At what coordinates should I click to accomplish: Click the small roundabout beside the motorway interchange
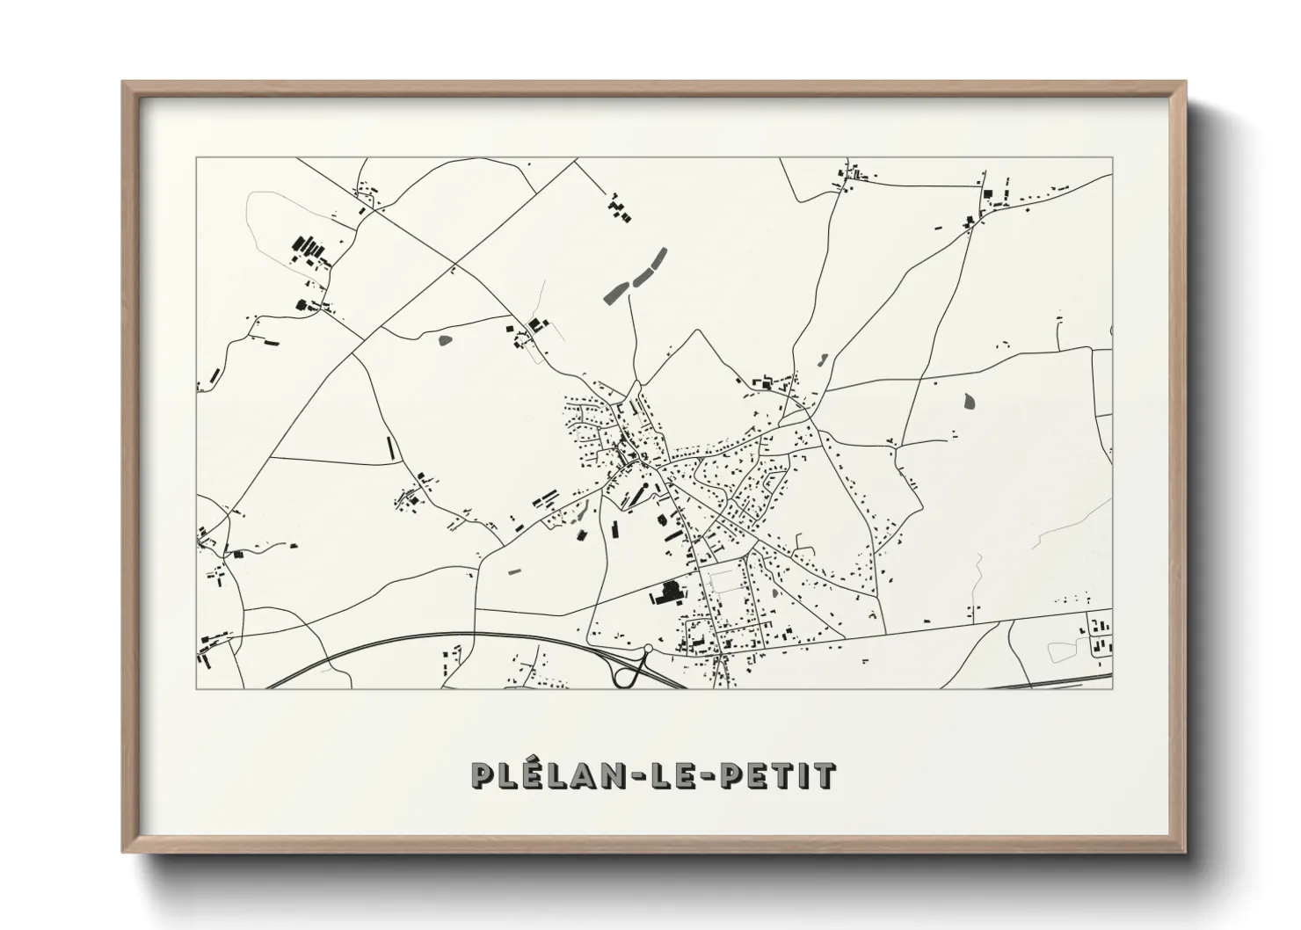[649, 650]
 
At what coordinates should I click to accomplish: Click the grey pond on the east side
[970, 401]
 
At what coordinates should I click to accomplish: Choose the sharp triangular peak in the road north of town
[698, 331]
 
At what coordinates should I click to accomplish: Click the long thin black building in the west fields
[390, 447]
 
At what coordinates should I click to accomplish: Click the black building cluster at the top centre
[621, 207]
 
